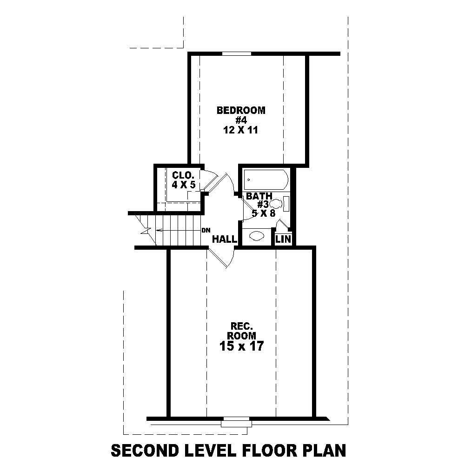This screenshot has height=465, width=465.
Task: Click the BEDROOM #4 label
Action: coord(241,115)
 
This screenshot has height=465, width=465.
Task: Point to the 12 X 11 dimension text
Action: coord(241,130)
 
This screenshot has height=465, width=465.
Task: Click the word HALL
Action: coord(225,239)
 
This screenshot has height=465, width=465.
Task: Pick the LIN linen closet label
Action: coord(283,239)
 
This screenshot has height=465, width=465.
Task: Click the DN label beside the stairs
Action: coord(206,230)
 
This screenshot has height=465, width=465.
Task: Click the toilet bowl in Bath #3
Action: coord(276,203)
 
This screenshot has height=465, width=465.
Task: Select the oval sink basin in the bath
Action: coord(257,236)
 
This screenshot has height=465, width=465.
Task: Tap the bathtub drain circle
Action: coord(249,179)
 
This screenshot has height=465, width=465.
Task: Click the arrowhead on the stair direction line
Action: coord(157,230)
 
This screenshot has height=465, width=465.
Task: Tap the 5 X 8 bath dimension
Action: coord(264,213)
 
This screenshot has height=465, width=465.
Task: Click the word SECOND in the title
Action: coord(141,450)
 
